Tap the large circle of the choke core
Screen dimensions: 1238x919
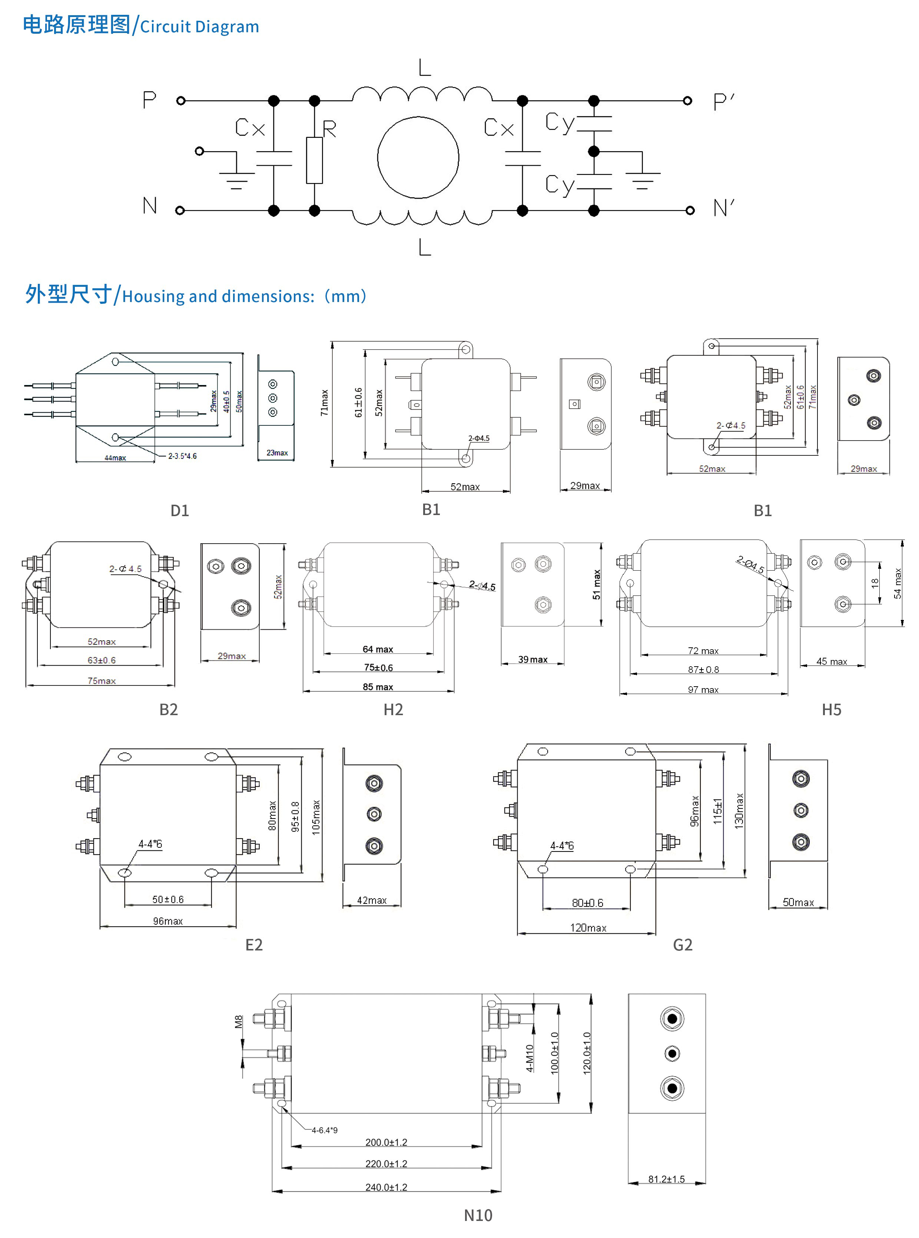tap(418, 157)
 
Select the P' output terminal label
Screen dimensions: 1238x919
tap(723, 102)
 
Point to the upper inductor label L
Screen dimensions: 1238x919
tap(424, 68)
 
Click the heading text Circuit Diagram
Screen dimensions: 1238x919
tap(199, 27)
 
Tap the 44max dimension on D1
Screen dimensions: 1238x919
tap(115, 458)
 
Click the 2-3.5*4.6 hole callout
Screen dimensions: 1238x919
tap(182, 456)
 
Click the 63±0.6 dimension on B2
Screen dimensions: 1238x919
tap(102, 660)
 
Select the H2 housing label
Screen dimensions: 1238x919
tap(393, 710)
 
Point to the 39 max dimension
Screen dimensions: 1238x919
tap(533, 660)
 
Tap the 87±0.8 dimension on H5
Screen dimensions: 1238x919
tap(703, 670)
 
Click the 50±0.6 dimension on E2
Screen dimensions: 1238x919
tap(168, 899)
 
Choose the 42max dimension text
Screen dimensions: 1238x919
tap(372, 900)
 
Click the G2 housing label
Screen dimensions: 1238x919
tap(683, 945)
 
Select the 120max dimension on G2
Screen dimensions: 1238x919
tap(588, 927)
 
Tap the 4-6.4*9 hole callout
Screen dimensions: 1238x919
tap(324, 1130)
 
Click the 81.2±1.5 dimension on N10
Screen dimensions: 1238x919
tap(666, 1179)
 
